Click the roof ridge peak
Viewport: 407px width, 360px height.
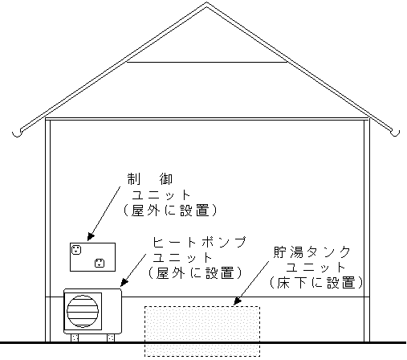(206, 3)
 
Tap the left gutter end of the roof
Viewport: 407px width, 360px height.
(17, 133)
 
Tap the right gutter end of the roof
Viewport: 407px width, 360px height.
(396, 133)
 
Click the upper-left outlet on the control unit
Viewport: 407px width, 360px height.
(76, 250)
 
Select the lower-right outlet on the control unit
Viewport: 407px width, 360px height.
(100, 263)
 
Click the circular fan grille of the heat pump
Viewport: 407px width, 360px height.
(83, 311)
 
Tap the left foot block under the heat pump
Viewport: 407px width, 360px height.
(75, 337)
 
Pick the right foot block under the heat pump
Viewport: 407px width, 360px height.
(111, 337)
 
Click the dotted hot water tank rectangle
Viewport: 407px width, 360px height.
(202, 331)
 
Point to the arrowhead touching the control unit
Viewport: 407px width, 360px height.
(91, 237)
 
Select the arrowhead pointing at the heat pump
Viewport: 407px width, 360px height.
(124, 283)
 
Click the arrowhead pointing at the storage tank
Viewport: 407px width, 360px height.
(237, 301)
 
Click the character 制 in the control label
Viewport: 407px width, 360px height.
(133, 179)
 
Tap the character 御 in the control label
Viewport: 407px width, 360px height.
(166, 179)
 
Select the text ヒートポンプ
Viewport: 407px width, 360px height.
(199, 243)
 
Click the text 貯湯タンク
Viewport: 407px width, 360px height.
(311, 252)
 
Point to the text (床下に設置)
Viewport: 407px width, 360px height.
(316, 283)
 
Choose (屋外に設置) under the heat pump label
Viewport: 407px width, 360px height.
(195, 273)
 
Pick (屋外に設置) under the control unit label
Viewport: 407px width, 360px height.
(170, 211)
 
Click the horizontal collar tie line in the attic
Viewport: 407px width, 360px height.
(206, 62)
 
